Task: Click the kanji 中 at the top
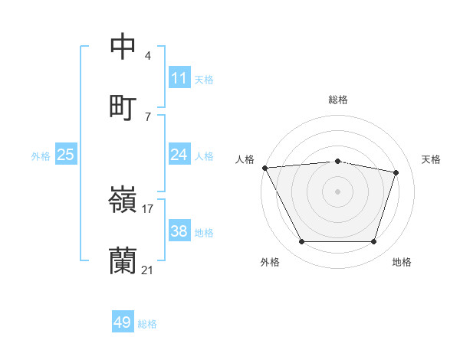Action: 123,46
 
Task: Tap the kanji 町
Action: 123,106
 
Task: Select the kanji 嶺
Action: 123,201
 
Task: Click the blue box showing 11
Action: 179,78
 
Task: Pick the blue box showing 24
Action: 179,155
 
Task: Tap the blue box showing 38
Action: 179,231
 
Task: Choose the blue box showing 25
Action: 66,155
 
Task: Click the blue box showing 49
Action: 123,322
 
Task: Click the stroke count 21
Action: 148,270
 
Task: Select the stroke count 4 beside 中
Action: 148,56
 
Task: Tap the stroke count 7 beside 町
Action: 148,116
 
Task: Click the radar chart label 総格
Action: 338,100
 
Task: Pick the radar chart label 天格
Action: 432,159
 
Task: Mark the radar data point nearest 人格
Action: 264,168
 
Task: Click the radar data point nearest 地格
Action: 374,242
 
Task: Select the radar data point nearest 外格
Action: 301,242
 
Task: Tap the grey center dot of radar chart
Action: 338,191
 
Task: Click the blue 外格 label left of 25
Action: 41,155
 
